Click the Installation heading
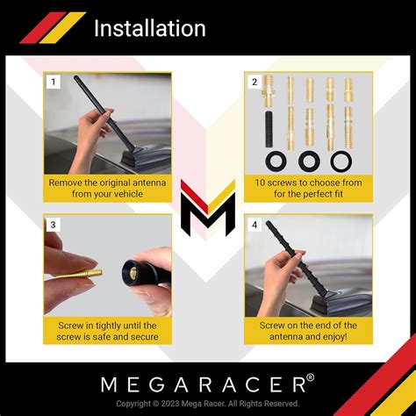(149, 28)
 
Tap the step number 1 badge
(53, 82)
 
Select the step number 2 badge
(254, 82)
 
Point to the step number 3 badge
(53, 225)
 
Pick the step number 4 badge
(254, 225)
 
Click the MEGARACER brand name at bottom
(204, 383)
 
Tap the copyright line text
(208, 403)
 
